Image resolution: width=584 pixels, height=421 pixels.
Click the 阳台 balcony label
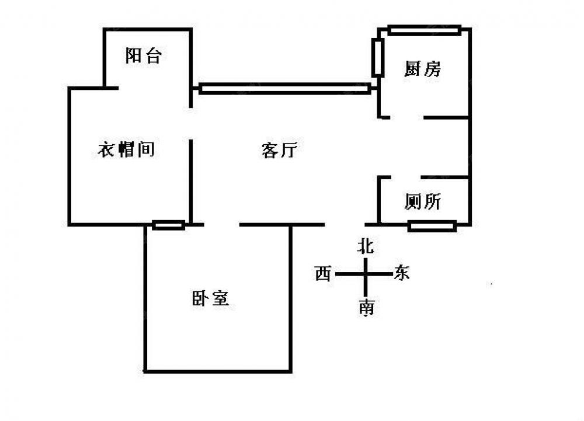tap(143, 56)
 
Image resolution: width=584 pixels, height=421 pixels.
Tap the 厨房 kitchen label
tap(422, 69)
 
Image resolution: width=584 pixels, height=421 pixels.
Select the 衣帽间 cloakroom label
tap(126, 149)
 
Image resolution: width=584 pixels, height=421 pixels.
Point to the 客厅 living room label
tap(279, 151)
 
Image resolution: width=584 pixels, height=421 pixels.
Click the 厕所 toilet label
tap(422, 202)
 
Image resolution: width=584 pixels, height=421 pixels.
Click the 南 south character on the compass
tap(366, 308)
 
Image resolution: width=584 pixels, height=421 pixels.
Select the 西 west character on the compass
tap(323, 273)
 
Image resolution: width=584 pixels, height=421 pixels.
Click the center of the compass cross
tap(366, 274)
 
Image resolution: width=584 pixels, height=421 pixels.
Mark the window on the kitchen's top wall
tap(425, 30)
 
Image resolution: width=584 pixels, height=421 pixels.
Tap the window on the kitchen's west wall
tap(378, 58)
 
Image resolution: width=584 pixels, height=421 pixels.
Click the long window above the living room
tap(284, 89)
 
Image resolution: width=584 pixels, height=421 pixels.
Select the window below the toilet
tap(432, 226)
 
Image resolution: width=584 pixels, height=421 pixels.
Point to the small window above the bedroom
tap(169, 225)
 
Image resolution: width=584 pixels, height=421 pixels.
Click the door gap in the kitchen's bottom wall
tap(406, 118)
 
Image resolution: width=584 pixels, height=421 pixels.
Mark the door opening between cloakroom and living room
tap(191, 123)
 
